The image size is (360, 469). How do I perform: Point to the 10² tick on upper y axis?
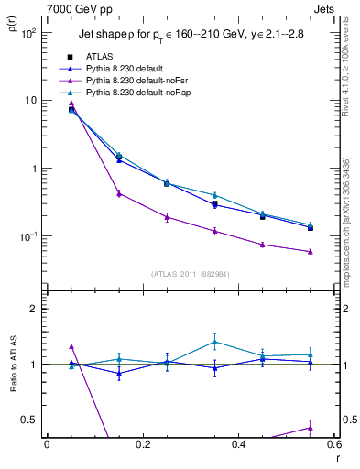pos(28,32)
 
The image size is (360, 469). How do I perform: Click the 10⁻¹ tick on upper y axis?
pos(28,237)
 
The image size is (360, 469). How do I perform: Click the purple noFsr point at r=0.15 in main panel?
pos(119,193)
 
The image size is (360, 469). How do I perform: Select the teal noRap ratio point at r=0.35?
pos(214,342)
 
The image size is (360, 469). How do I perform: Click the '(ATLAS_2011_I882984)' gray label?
pos(190,273)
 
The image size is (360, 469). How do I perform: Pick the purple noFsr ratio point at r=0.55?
pos(311,427)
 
